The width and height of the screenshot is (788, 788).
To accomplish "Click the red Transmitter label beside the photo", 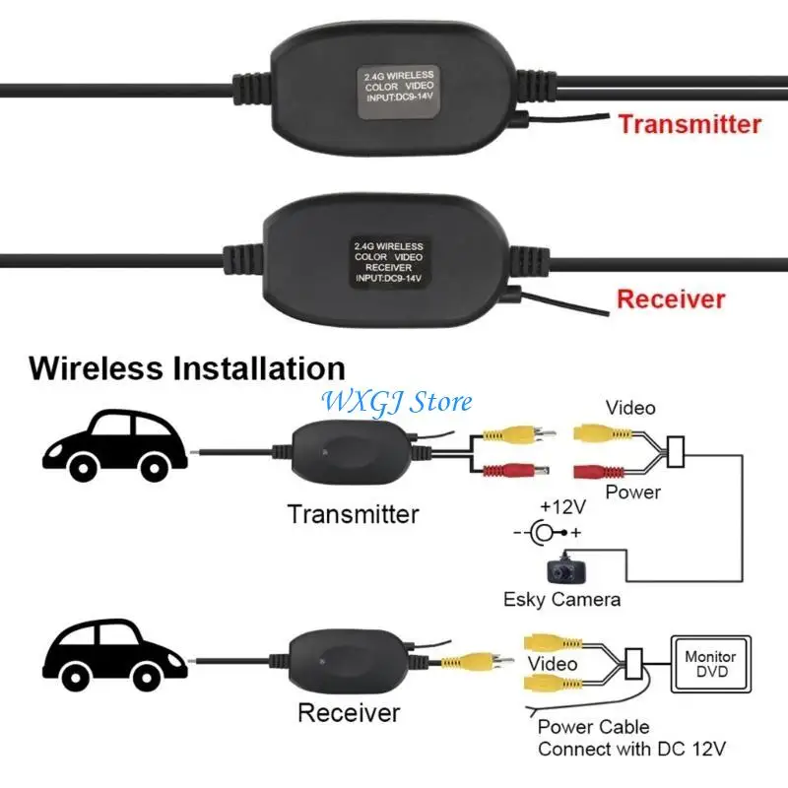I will click(689, 124).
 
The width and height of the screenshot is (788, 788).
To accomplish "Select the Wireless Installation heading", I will click(187, 368).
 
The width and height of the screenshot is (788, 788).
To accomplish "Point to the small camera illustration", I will click(564, 569).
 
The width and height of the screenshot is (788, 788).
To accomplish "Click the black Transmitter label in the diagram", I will click(353, 513).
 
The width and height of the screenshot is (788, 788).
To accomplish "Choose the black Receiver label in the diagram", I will click(349, 711).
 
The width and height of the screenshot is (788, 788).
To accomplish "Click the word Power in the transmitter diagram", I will click(632, 492).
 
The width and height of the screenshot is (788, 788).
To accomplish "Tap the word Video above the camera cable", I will click(630, 407).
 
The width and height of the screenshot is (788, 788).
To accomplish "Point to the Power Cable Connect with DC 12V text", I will click(630, 738).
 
